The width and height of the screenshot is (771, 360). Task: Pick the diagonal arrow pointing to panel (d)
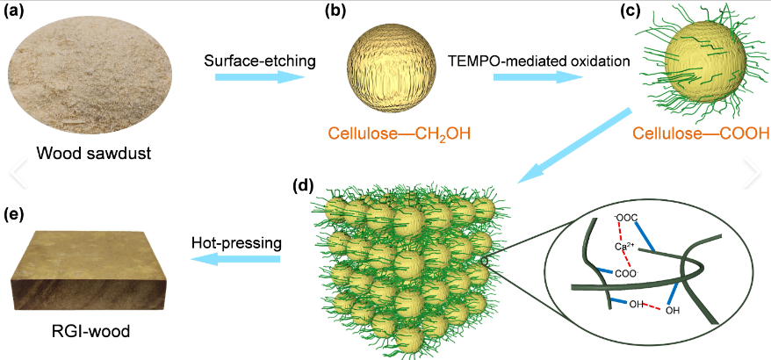[x=576, y=145]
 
